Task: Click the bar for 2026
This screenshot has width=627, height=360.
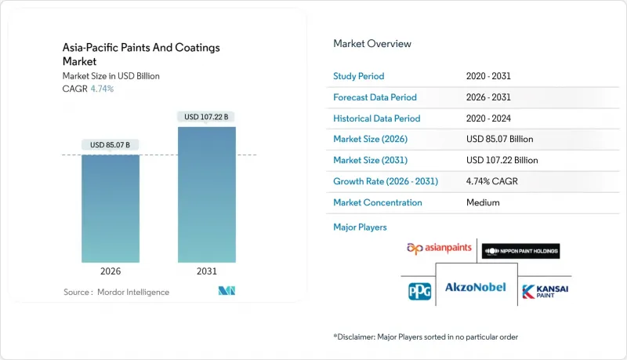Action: (111, 208)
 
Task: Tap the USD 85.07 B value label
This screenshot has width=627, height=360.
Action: (111, 144)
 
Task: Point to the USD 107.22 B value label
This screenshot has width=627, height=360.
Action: (206, 117)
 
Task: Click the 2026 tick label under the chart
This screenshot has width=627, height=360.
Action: (111, 271)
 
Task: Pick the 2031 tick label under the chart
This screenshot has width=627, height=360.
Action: (206, 271)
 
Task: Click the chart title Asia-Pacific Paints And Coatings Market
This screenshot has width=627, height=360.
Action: (141, 53)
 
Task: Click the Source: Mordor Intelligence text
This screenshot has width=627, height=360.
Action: (116, 292)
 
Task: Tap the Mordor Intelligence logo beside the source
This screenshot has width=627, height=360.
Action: (227, 292)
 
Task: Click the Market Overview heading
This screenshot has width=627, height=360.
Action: (372, 44)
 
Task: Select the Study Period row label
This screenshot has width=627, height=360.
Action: (359, 76)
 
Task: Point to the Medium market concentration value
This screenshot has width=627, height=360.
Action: (482, 202)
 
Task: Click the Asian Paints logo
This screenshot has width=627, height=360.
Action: (439, 249)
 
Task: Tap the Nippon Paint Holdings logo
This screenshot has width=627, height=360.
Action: (520, 251)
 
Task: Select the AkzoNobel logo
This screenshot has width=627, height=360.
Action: (476, 288)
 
